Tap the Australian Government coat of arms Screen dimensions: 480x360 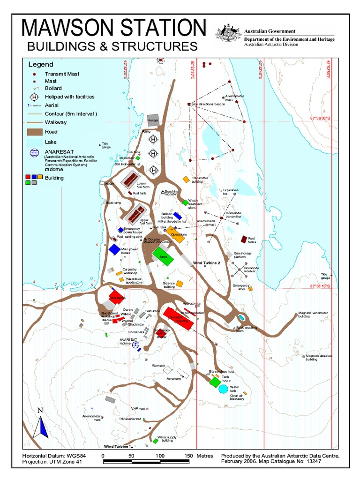228,33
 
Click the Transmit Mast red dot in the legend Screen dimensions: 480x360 34,74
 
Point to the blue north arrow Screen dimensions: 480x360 41,427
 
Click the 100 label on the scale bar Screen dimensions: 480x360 159,456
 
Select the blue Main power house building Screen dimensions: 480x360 114,249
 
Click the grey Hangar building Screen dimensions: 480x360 153,120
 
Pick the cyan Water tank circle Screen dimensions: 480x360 224,389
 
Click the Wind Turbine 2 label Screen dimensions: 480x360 207,263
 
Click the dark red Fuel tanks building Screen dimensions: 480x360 244,239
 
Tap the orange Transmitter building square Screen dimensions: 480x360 186,180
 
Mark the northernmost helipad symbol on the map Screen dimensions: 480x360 153,139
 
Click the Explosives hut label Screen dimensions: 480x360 231,192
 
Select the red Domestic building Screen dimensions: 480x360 178,319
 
